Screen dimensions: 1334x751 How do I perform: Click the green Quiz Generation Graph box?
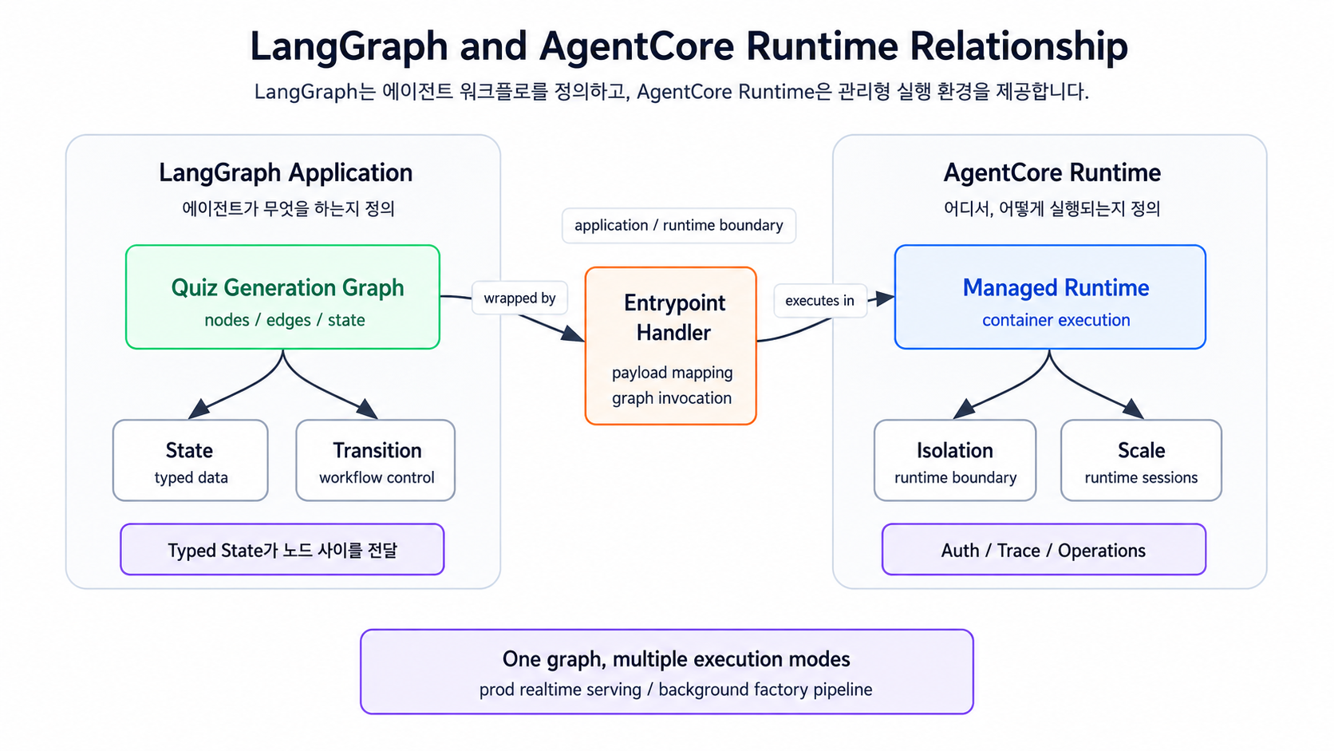[x=283, y=297]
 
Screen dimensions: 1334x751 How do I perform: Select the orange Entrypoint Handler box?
[x=670, y=346]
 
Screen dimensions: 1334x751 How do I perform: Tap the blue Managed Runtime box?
[x=1050, y=297]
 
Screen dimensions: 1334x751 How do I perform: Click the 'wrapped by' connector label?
[x=519, y=298]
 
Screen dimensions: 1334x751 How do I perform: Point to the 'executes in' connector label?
[x=819, y=300]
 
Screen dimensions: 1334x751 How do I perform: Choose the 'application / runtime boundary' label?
[x=679, y=225]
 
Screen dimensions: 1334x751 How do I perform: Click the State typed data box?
[x=191, y=460]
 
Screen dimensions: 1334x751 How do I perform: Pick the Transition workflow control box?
[x=376, y=460]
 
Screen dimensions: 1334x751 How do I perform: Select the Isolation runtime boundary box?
[x=955, y=460]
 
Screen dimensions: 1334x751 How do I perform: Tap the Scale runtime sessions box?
[x=1141, y=460]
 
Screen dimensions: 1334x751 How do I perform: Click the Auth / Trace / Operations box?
[x=1044, y=549]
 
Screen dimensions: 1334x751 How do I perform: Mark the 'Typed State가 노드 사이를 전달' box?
[x=282, y=549]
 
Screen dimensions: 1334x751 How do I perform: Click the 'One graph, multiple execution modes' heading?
[x=676, y=659]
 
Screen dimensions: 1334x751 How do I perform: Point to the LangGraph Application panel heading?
[x=286, y=172]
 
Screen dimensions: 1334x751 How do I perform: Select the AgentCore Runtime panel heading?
[x=1052, y=172]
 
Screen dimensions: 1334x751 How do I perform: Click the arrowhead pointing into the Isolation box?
[x=964, y=409]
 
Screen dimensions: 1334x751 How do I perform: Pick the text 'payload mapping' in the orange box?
[x=673, y=373]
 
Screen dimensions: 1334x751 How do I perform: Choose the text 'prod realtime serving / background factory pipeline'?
[x=676, y=690]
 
